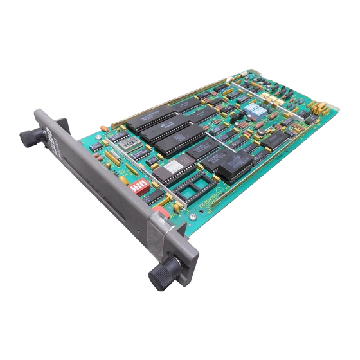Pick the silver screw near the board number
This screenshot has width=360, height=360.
tap(193, 217)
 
